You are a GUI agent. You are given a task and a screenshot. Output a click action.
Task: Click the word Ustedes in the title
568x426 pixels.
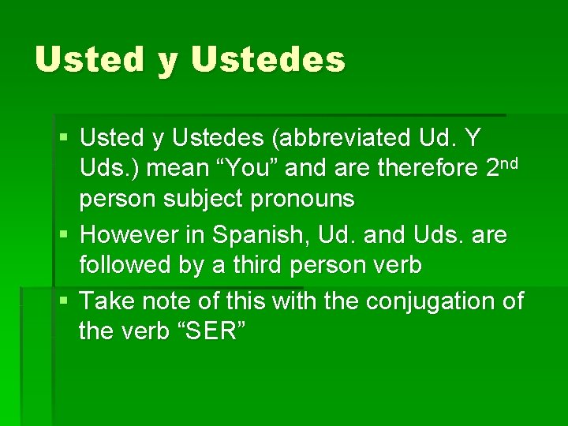coord(268,60)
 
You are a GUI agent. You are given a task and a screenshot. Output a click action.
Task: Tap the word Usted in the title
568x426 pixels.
coord(89,60)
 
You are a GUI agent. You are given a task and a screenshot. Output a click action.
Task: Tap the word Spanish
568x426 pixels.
coord(256,235)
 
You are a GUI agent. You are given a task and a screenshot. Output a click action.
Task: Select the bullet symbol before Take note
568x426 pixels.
coord(63,302)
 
